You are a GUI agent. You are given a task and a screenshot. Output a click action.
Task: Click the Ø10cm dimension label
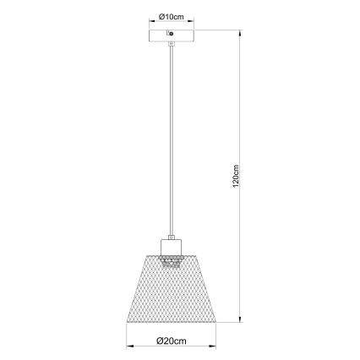[x=172, y=16]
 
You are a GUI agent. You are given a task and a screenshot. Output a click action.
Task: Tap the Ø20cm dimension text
[x=172, y=340]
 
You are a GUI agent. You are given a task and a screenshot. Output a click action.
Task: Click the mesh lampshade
[x=172, y=292]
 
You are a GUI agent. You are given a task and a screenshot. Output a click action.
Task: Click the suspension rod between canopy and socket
[x=172, y=135]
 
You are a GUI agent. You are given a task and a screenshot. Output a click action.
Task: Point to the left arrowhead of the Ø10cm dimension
[x=150, y=23]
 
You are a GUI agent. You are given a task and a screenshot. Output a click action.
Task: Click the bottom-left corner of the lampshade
[x=128, y=323]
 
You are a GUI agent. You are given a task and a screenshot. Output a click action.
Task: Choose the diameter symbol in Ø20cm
[x=160, y=340]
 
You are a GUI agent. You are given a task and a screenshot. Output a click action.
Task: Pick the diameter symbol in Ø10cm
[x=161, y=16]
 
